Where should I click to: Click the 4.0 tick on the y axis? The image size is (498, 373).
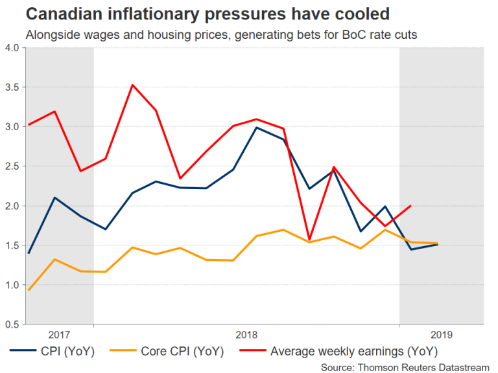point(12,48)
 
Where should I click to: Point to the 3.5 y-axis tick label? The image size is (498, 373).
point(12,87)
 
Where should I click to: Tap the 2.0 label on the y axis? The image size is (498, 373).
point(12,206)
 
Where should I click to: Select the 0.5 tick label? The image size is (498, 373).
point(12,324)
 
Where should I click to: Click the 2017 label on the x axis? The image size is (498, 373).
point(60,335)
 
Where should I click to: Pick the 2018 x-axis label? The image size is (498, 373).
point(246,335)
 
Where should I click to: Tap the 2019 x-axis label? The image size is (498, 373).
point(442,335)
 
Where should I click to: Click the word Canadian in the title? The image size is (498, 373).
point(59,14)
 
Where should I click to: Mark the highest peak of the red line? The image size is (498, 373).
point(132,85)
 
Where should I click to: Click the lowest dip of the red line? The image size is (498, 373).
point(310,239)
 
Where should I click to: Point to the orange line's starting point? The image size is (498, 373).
point(28,289)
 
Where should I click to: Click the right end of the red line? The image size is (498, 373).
point(410,206)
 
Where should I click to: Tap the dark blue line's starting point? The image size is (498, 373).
point(28,253)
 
